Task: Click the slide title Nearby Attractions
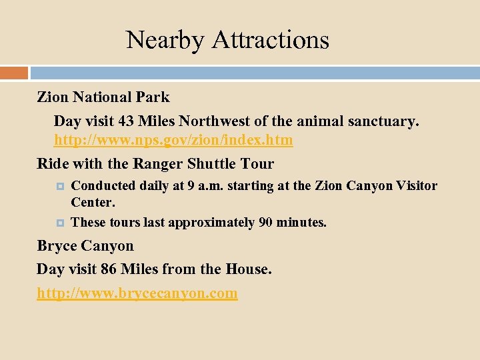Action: tap(227, 40)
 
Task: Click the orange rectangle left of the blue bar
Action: tap(14, 72)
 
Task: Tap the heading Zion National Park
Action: tap(103, 97)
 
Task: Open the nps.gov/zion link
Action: tap(173, 141)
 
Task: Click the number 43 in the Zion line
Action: tap(126, 121)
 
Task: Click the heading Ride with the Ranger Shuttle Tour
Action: tap(155, 163)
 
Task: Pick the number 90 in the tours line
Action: tap(265, 223)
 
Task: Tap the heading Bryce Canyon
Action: tap(85, 245)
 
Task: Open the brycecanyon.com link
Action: tap(137, 293)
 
